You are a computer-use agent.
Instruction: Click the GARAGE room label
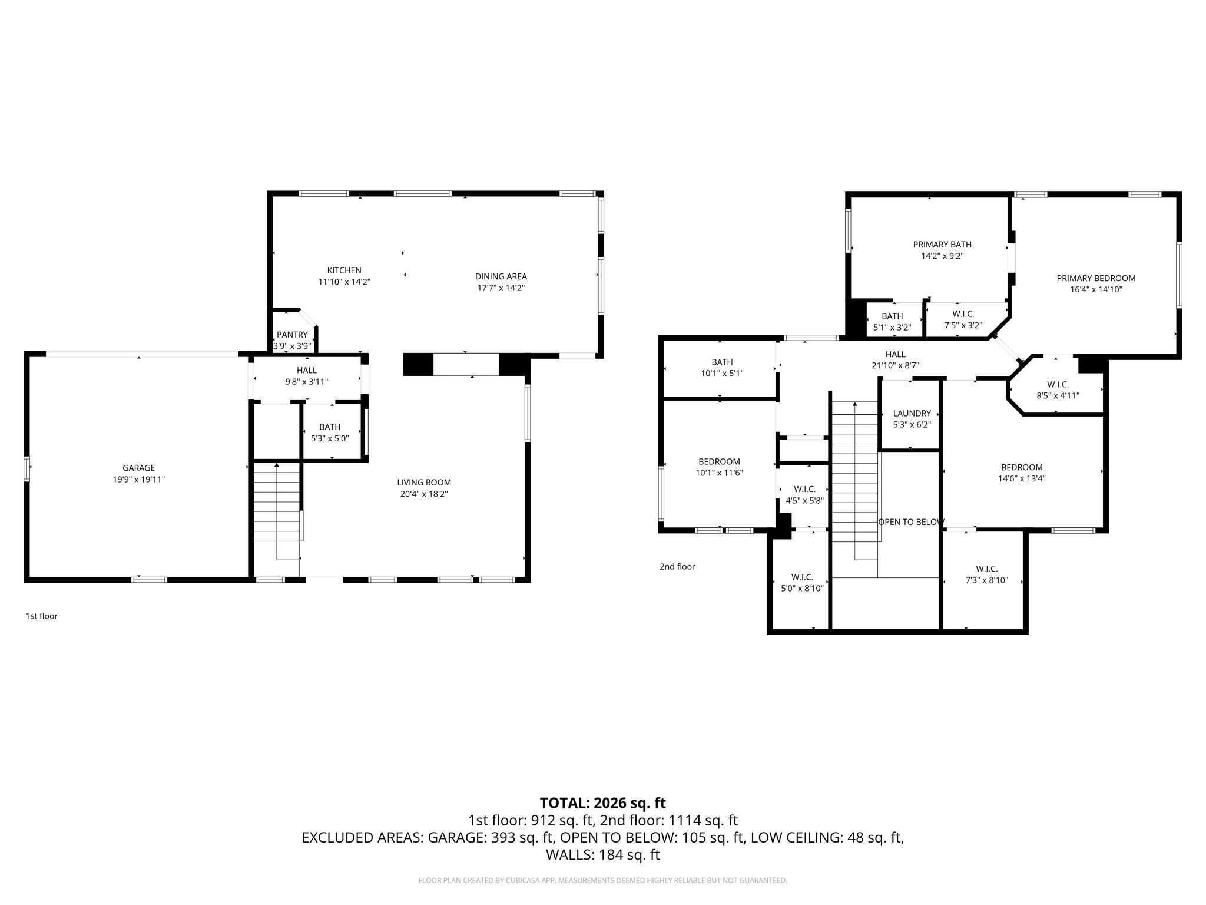138,468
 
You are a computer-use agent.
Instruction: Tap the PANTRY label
292,335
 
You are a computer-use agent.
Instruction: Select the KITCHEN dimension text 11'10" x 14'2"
344,282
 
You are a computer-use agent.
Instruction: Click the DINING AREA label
501,276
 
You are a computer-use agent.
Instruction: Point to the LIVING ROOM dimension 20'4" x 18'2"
424,494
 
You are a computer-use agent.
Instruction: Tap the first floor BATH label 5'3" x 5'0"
330,427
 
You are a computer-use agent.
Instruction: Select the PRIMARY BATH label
942,245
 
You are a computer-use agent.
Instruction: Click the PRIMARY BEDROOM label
1096,278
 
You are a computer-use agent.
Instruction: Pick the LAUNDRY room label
912,414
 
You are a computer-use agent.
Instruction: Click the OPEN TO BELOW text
911,522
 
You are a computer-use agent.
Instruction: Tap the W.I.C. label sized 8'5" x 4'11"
1058,385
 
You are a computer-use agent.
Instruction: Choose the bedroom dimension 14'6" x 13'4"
1022,479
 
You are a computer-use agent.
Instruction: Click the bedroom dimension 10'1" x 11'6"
719,473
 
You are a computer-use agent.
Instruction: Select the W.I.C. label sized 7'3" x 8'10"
986,569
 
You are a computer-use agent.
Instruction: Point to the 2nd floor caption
677,567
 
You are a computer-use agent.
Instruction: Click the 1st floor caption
41,616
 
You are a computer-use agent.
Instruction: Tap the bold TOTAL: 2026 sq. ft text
602,802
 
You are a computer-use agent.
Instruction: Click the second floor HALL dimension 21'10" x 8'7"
895,365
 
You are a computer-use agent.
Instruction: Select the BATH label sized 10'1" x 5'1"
722,362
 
